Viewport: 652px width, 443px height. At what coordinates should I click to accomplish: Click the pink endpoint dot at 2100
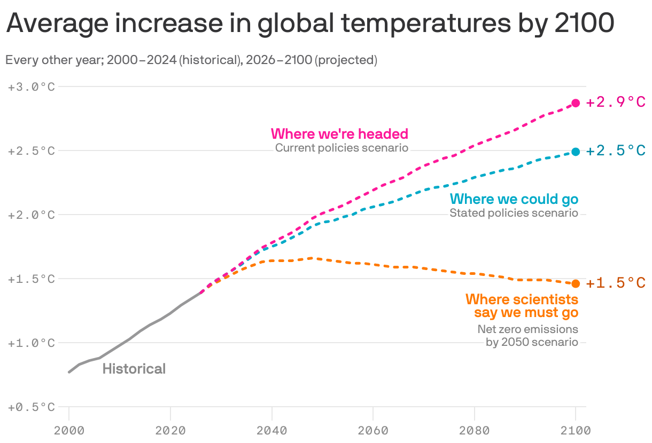click(x=576, y=103)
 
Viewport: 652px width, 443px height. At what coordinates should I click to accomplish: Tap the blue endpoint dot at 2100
click(x=576, y=152)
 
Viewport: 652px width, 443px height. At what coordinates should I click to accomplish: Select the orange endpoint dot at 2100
click(x=576, y=283)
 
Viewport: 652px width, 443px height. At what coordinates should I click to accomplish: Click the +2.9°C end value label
click(x=616, y=102)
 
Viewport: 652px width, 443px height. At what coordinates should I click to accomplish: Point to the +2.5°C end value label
click(x=616, y=151)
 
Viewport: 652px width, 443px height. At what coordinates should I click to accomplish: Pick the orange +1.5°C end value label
click(x=616, y=283)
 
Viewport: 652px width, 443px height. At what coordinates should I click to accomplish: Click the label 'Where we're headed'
click(x=339, y=133)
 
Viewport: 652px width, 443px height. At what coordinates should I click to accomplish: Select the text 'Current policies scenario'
click(x=341, y=148)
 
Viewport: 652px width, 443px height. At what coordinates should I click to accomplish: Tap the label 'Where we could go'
click(x=514, y=199)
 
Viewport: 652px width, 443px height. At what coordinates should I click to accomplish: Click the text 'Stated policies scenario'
click(x=514, y=213)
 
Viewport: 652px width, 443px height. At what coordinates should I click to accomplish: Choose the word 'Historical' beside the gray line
click(x=134, y=369)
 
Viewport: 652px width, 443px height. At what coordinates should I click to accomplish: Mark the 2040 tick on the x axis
click(x=272, y=430)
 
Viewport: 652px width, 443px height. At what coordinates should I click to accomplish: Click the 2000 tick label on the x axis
click(x=69, y=430)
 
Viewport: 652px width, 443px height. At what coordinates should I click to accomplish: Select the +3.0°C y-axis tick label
click(x=32, y=86)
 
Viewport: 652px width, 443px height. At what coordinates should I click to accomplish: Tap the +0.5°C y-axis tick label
click(x=32, y=407)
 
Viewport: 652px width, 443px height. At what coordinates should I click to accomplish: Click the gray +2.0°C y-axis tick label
click(x=32, y=215)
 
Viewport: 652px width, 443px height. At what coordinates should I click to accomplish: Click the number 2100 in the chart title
click(x=583, y=24)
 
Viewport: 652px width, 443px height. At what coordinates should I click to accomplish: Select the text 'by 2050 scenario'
click(x=532, y=342)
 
